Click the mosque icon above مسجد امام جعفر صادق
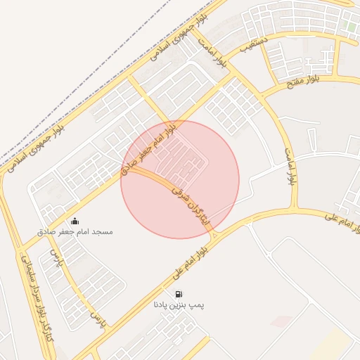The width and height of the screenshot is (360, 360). (x=75, y=221)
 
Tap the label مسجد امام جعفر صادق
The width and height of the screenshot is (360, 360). (x=75, y=231)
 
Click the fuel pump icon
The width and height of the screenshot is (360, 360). (x=179, y=294)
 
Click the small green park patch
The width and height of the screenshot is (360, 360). (x=350, y=27)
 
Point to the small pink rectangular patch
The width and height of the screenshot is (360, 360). (x=281, y=321)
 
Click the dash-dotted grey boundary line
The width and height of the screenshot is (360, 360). (x=105, y=77)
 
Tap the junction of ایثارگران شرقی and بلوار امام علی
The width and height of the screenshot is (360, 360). (x=215, y=232)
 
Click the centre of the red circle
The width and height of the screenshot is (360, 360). (x=180, y=179)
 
